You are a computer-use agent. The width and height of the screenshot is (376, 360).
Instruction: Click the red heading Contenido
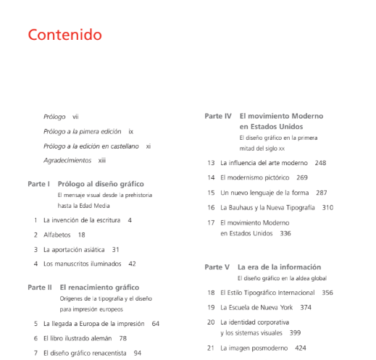(x=64, y=35)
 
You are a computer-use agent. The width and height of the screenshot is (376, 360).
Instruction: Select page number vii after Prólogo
(x=76, y=116)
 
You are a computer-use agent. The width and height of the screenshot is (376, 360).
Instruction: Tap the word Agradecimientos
(x=67, y=160)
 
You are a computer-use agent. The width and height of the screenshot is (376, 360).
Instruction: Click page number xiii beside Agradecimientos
(x=102, y=160)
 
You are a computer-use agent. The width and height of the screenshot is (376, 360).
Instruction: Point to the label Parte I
(x=38, y=184)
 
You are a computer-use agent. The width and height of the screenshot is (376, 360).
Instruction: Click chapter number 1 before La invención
(x=35, y=219)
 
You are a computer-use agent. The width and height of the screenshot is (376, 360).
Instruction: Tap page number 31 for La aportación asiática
(x=115, y=249)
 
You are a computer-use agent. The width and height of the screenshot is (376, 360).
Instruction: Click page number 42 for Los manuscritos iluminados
(x=132, y=264)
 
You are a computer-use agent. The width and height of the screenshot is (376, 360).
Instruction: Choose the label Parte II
(x=39, y=287)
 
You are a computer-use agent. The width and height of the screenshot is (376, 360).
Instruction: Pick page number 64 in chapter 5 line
(x=155, y=323)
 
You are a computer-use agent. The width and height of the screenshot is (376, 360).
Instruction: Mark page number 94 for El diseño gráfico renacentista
(x=138, y=353)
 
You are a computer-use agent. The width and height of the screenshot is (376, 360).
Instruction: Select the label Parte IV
(x=217, y=116)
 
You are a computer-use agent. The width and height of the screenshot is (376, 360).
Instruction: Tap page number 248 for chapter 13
(x=320, y=163)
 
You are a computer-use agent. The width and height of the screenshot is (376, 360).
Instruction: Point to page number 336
(x=285, y=233)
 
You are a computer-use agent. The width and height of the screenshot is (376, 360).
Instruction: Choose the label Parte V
(x=217, y=267)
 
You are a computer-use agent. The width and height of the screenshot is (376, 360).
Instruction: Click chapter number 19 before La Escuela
(x=211, y=307)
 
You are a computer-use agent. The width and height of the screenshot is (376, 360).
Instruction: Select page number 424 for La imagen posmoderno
(x=301, y=348)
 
